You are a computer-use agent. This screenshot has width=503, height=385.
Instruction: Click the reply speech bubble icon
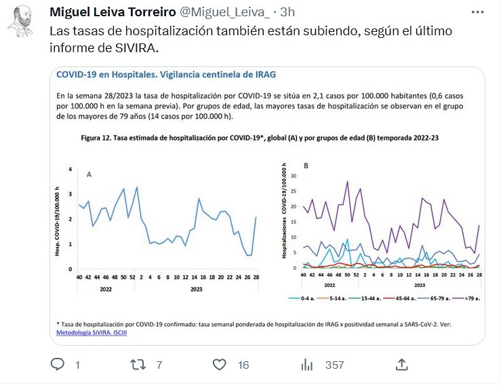[59, 365]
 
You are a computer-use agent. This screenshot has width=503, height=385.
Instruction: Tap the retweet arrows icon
[137, 365]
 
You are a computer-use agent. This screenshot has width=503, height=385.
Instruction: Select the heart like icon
[219, 365]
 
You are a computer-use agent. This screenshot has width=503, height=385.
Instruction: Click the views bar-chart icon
[306, 365]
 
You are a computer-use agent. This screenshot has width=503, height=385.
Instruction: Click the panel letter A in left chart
[89, 174]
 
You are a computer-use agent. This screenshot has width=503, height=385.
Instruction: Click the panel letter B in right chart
[306, 165]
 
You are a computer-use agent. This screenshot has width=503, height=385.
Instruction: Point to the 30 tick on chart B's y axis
[294, 176]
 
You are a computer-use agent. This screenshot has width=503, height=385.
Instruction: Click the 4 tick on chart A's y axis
[70, 169]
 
